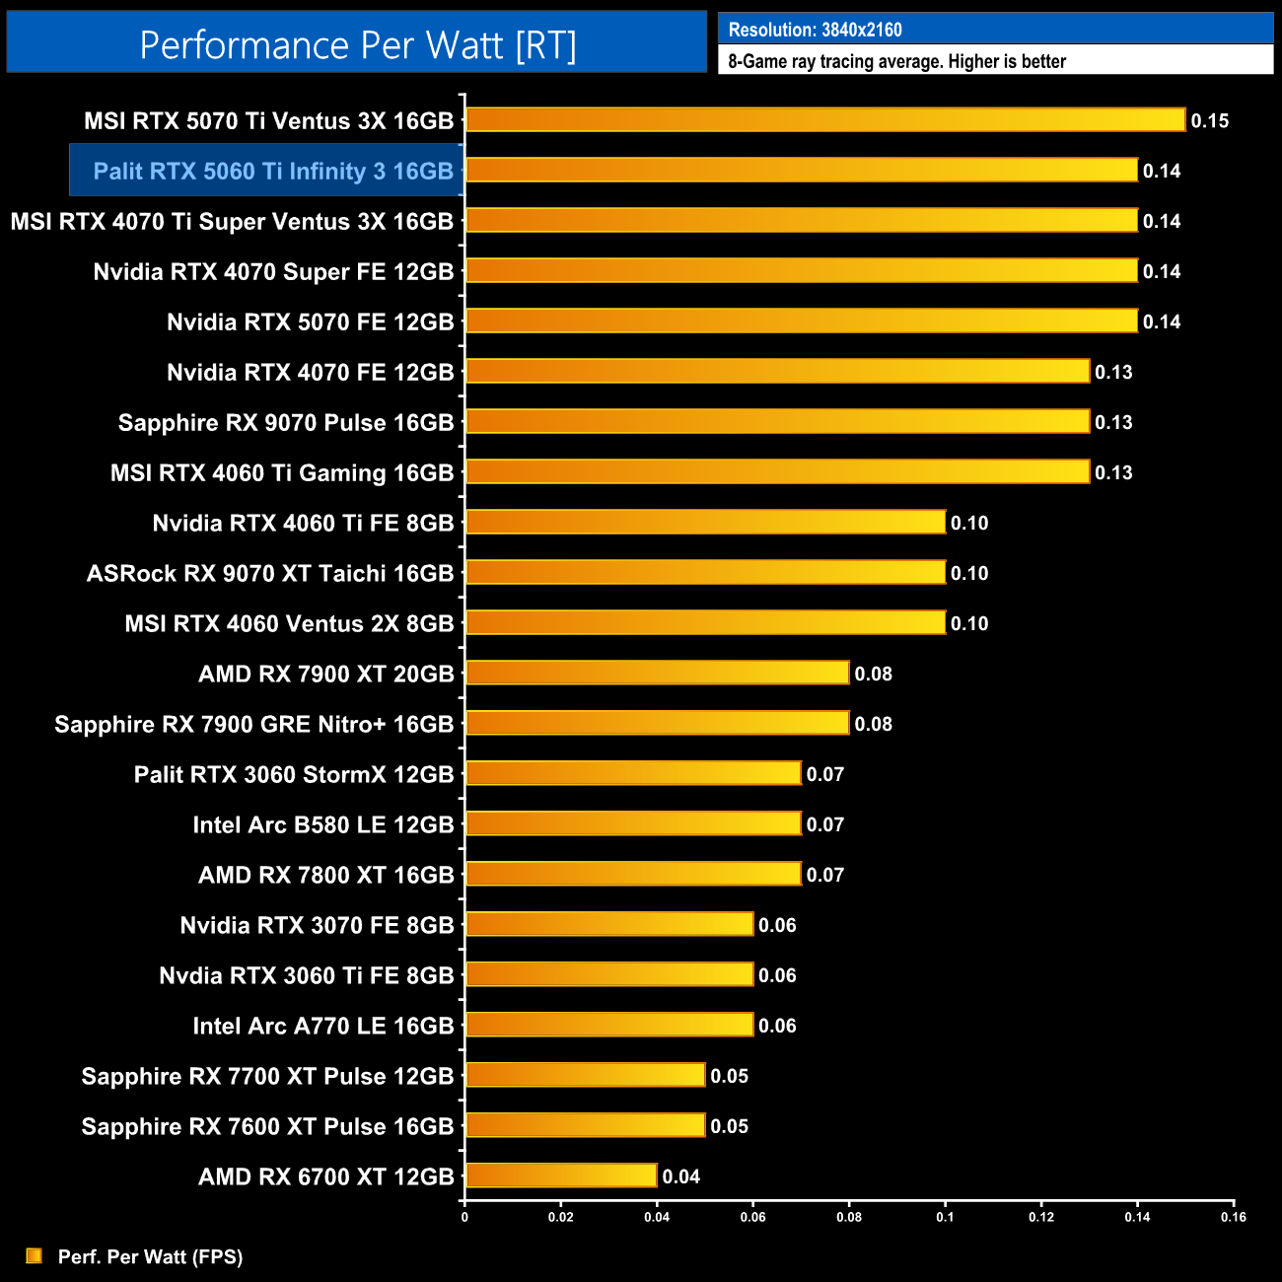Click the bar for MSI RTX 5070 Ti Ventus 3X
tap(824, 120)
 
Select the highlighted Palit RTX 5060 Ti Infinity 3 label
tap(272, 172)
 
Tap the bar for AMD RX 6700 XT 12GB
tap(560, 1175)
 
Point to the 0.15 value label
tap(1209, 121)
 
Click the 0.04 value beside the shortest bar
tap(680, 1176)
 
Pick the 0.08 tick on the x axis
tap(849, 1217)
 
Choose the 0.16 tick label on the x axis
tap(1233, 1217)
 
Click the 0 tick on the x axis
tap(464, 1217)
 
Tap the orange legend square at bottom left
tap(35, 1255)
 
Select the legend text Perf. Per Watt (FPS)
tap(150, 1256)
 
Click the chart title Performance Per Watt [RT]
tap(357, 45)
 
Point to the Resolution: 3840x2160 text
tap(815, 30)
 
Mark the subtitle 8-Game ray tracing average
tap(896, 61)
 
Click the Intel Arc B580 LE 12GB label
tap(322, 824)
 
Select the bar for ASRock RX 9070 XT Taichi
tap(704, 572)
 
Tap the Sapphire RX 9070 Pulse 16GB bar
tap(776, 421)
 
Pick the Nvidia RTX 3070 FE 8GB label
tap(317, 925)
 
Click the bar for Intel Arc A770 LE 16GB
tap(608, 1025)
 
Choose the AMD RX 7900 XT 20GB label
tap(325, 674)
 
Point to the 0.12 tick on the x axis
tap(1041, 1217)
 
